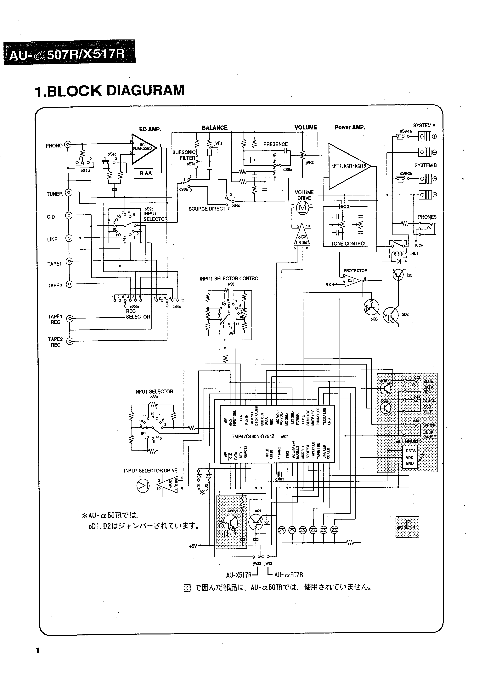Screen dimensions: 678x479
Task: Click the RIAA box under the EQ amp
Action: pos(146,173)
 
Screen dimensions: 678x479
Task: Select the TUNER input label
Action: pos(55,194)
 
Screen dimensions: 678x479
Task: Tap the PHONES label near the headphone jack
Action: pos(427,217)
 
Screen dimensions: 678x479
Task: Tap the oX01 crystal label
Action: pos(279,479)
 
